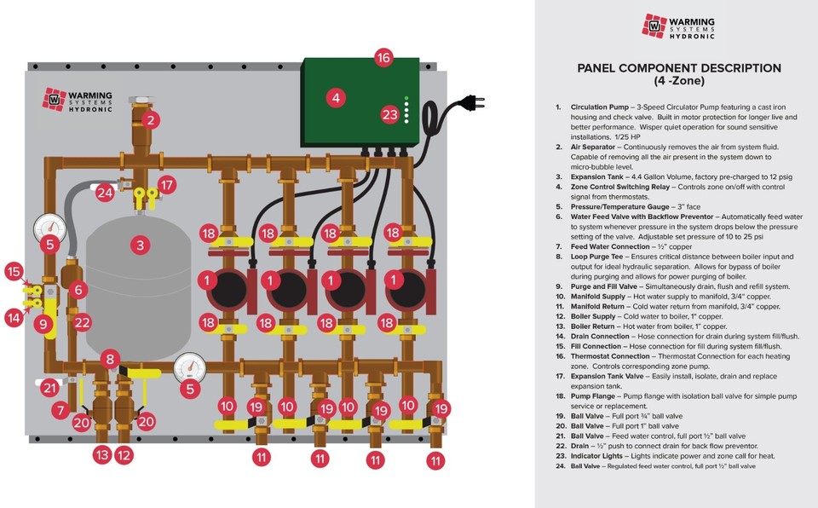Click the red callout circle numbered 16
click(x=383, y=58)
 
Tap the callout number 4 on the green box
click(x=336, y=98)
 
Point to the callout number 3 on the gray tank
click(x=139, y=245)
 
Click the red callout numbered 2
click(x=150, y=120)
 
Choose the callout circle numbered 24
click(x=105, y=192)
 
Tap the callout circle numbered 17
click(x=167, y=183)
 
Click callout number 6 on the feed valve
click(x=78, y=291)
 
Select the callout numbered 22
click(x=82, y=323)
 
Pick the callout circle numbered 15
click(x=14, y=272)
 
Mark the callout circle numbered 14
click(x=14, y=318)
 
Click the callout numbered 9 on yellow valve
click(x=43, y=324)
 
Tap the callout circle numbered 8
click(x=109, y=359)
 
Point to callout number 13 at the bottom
click(x=102, y=456)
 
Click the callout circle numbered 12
click(x=124, y=456)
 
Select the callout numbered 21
click(x=50, y=389)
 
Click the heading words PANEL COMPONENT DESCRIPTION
click(x=679, y=68)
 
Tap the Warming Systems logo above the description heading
click(x=678, y=26)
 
